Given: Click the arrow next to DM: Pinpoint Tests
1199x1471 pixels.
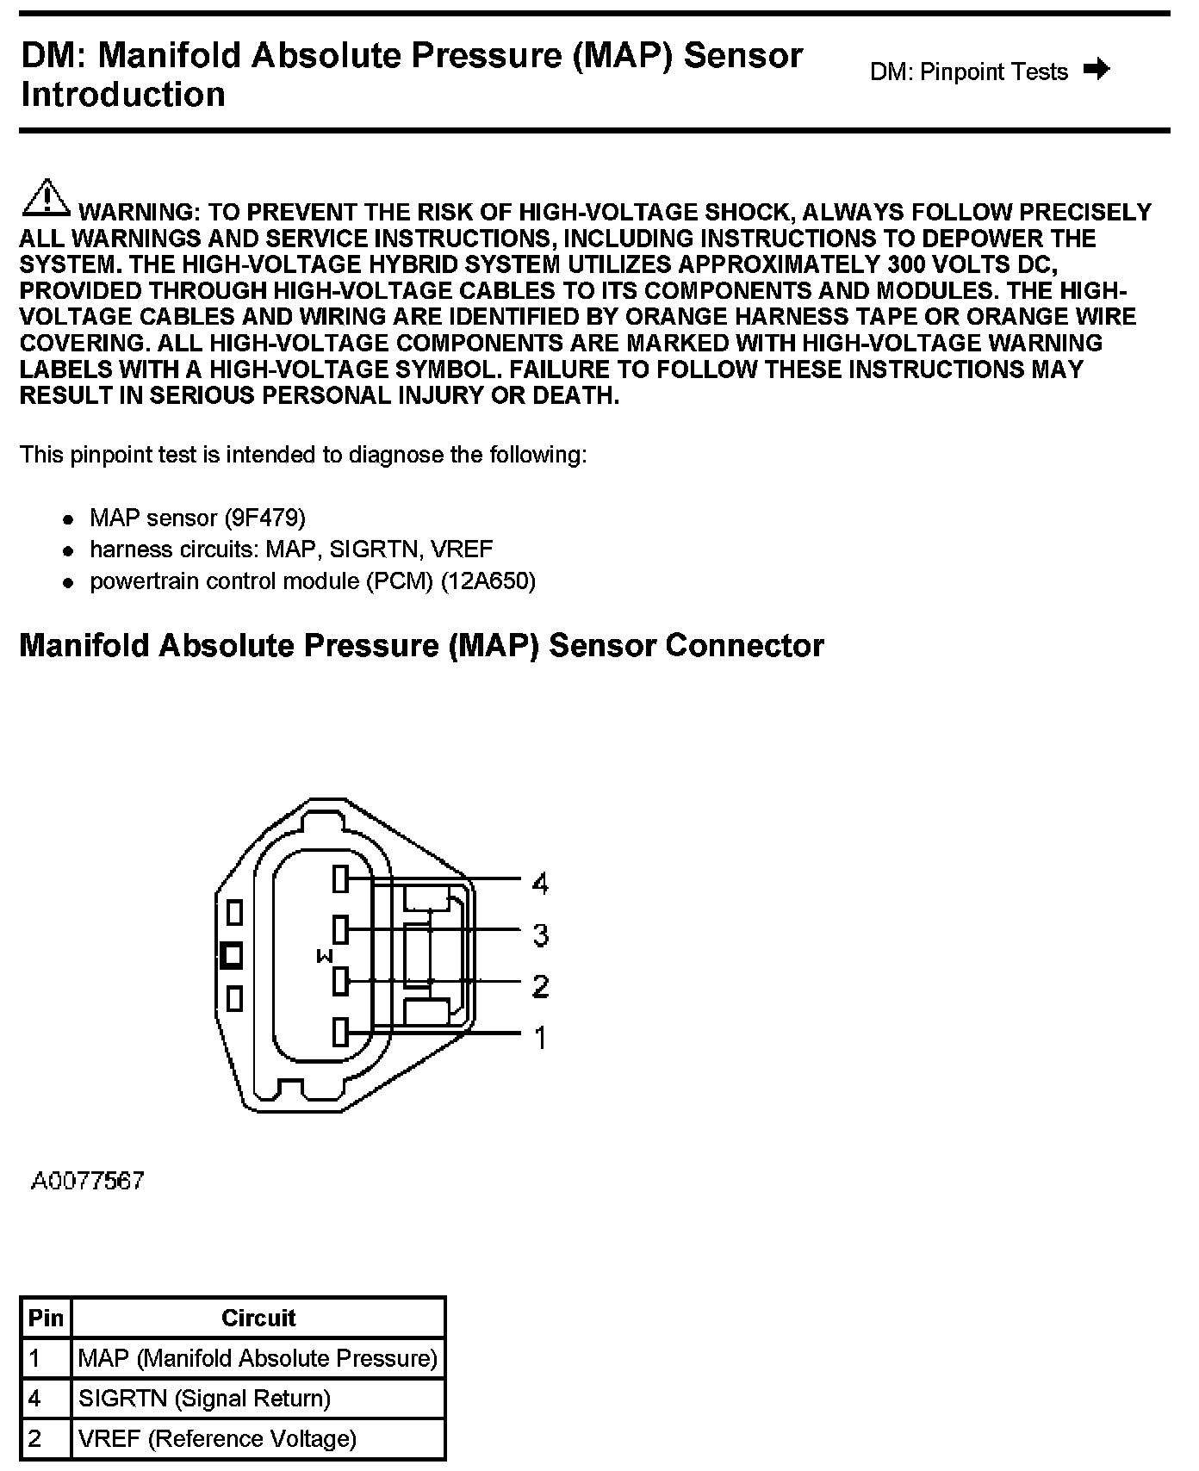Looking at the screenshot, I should (1096, 69).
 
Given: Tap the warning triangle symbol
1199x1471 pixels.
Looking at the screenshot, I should (46, 197).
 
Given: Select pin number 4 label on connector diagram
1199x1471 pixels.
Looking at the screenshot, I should (540, 883).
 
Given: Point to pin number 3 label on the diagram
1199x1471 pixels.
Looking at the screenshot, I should (540, 934).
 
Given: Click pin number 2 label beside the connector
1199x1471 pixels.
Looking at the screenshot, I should (540, 985).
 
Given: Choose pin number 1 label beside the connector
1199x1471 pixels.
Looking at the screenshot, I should (540, 1038).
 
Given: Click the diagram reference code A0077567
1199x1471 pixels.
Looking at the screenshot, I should (88, 1181).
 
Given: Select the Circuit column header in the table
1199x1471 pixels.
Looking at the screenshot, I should (258, 1318).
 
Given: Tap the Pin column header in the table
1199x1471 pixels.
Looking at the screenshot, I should (46, 1318).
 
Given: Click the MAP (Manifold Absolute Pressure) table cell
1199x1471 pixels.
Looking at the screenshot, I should (258, 1358).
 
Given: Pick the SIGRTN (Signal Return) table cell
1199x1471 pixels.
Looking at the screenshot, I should (204, 1398).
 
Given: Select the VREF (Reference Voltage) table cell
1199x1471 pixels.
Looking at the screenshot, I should (217, 1438).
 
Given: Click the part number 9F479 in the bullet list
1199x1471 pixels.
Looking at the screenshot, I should (265, 518).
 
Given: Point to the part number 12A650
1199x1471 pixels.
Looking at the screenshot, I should (488, 581).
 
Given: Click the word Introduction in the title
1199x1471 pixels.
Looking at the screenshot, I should (123, 95).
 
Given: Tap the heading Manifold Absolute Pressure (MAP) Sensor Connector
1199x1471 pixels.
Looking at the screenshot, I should (421, 645).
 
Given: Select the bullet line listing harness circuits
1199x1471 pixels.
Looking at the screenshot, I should (291, 549).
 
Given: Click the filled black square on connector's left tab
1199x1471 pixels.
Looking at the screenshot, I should (232, 955).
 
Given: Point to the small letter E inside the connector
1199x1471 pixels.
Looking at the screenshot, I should (325, 956).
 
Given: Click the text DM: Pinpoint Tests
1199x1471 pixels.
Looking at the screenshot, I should (969, 71).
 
